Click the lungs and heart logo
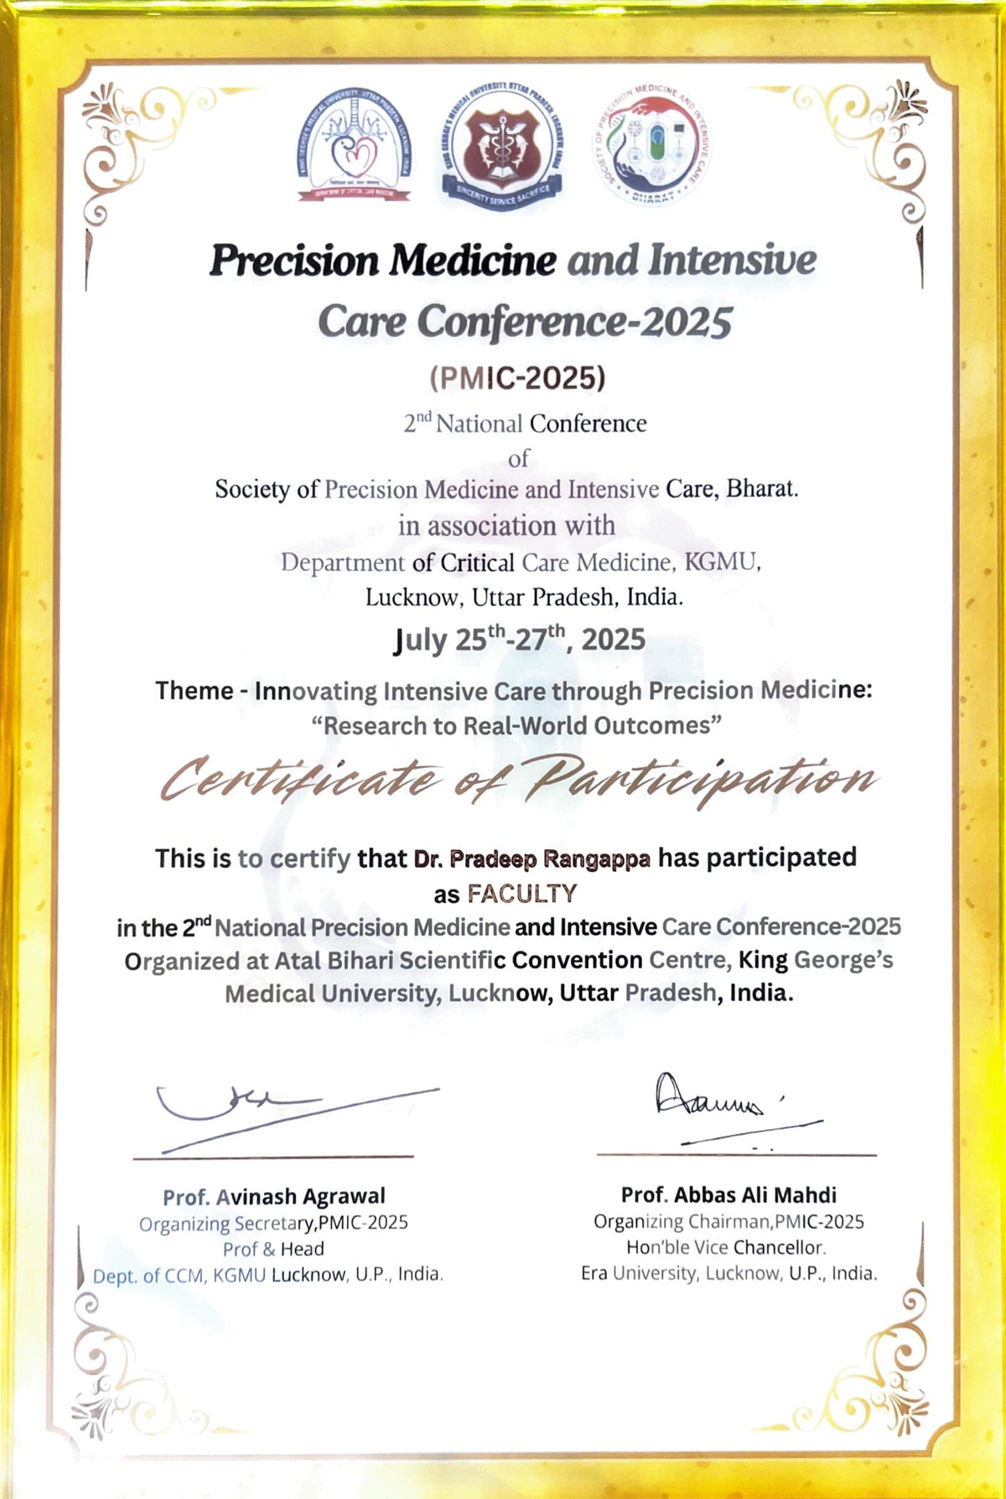coord(355,148)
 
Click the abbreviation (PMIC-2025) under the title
coord(517,378)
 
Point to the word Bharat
coord(761,489)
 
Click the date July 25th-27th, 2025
coord(519,640)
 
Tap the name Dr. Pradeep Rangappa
coord(532,859)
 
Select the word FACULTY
coord(522,894)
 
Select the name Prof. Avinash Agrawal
coord(274,1196)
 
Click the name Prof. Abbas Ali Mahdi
coord(729,1195)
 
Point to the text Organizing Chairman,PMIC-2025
coord(729,1222)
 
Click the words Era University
coord(637,1273)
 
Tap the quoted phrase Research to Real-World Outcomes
coord(517,725)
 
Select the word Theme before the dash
coord(194,691)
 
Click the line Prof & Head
coord(273,1249)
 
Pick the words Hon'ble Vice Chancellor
coord(726,1247)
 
